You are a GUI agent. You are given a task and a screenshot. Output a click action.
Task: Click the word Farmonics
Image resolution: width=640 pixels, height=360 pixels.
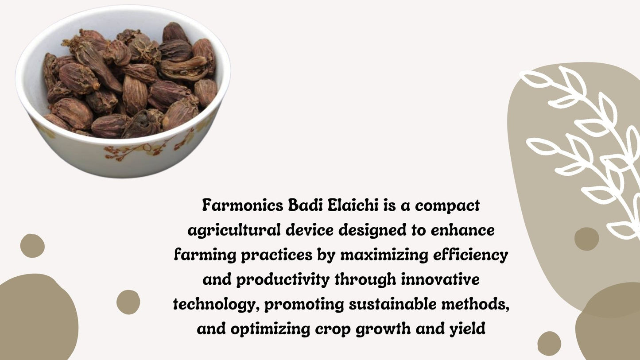[243, 205]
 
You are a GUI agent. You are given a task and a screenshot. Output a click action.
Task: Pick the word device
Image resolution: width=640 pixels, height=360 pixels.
[310, 230]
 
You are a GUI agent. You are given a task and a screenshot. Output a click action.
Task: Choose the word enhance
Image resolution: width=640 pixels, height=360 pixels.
[462, 230]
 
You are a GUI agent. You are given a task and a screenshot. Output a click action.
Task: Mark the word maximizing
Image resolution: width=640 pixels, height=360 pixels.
[384, 255]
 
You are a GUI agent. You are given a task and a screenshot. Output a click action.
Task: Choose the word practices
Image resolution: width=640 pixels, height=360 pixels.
[276, 255]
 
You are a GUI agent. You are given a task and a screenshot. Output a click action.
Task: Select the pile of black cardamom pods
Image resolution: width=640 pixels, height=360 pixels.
[130, 81]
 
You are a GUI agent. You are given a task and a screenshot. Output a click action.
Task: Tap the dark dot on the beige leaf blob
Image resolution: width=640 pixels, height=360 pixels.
[586, 239]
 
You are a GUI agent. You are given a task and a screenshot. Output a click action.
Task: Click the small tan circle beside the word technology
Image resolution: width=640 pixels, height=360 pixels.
[128, 302]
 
